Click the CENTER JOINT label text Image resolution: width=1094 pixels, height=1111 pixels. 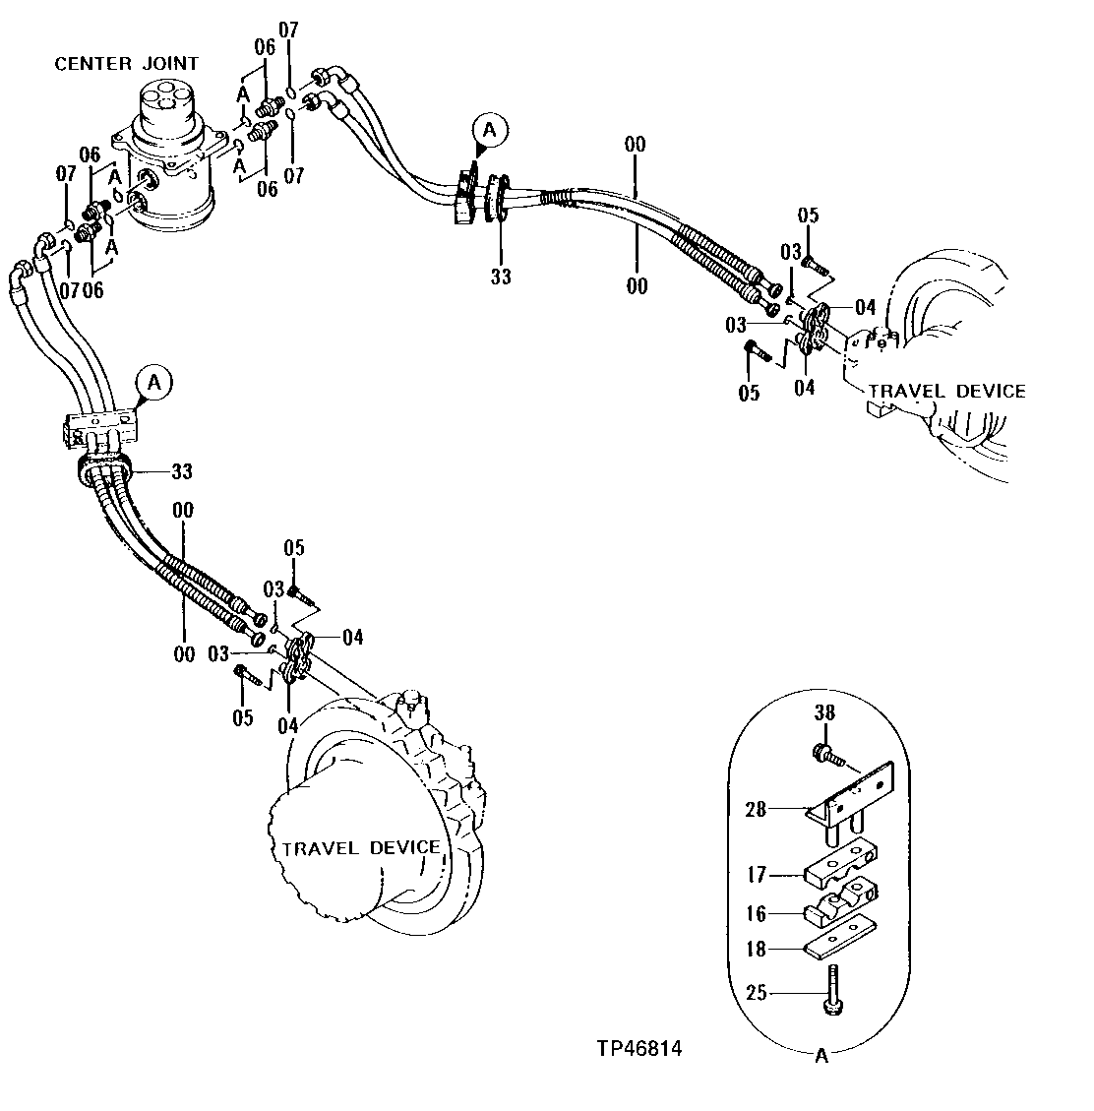126,63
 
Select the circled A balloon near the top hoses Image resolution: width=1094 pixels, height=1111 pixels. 489,129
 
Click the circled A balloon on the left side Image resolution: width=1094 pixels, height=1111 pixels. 152,383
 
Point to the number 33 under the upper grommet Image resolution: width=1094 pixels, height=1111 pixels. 501,278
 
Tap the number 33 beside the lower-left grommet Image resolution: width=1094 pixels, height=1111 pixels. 182,471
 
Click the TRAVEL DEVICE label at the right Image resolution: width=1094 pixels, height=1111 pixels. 946,392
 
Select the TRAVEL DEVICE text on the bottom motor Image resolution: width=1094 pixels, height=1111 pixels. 360,847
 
